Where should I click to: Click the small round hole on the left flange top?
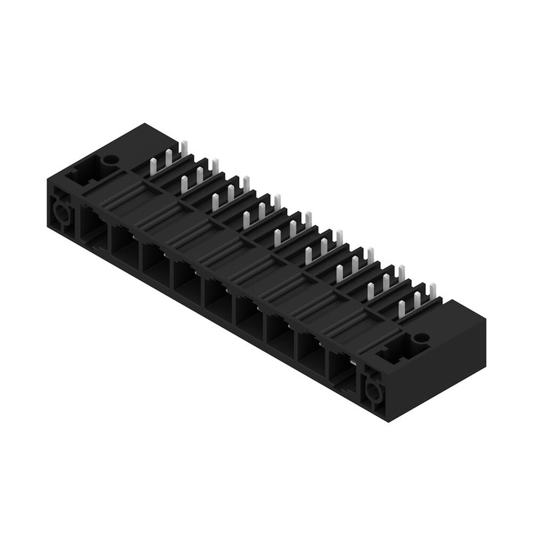click(110, 159)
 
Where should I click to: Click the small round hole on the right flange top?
click(421, 337)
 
